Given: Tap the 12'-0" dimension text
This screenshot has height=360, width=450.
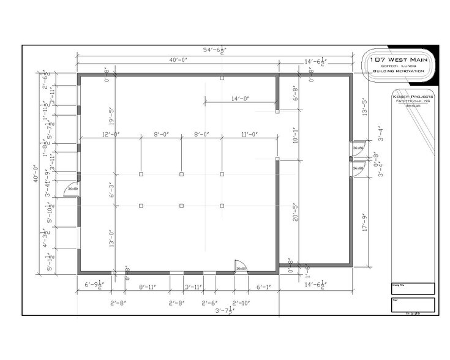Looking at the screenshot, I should pyautogui.click(x=110, y=134).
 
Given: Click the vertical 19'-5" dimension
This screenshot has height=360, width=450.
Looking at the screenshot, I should pyautogui.click(x=111, y=115).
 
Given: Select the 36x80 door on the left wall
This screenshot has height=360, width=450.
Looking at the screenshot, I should pyautogui.click(x=72, y=190).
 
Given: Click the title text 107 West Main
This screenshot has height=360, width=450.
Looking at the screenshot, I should pyautogui.click(x=399, y=59).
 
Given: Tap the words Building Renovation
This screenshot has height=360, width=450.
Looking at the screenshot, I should pyautogui.click(x=399, y=71).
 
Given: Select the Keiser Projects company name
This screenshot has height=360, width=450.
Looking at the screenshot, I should pyautogui.click(x=412, y=97).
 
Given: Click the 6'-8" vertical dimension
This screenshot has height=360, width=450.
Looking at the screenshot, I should pyautogui.click(x=295, y=94).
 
